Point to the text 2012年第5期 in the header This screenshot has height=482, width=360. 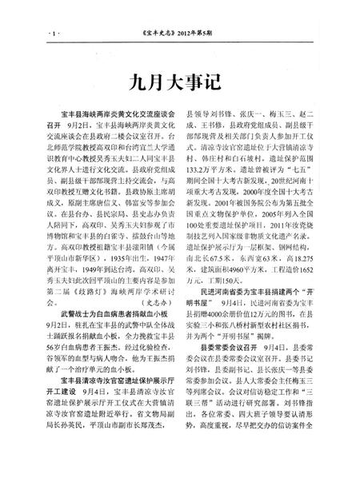click(x=213, y=34)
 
